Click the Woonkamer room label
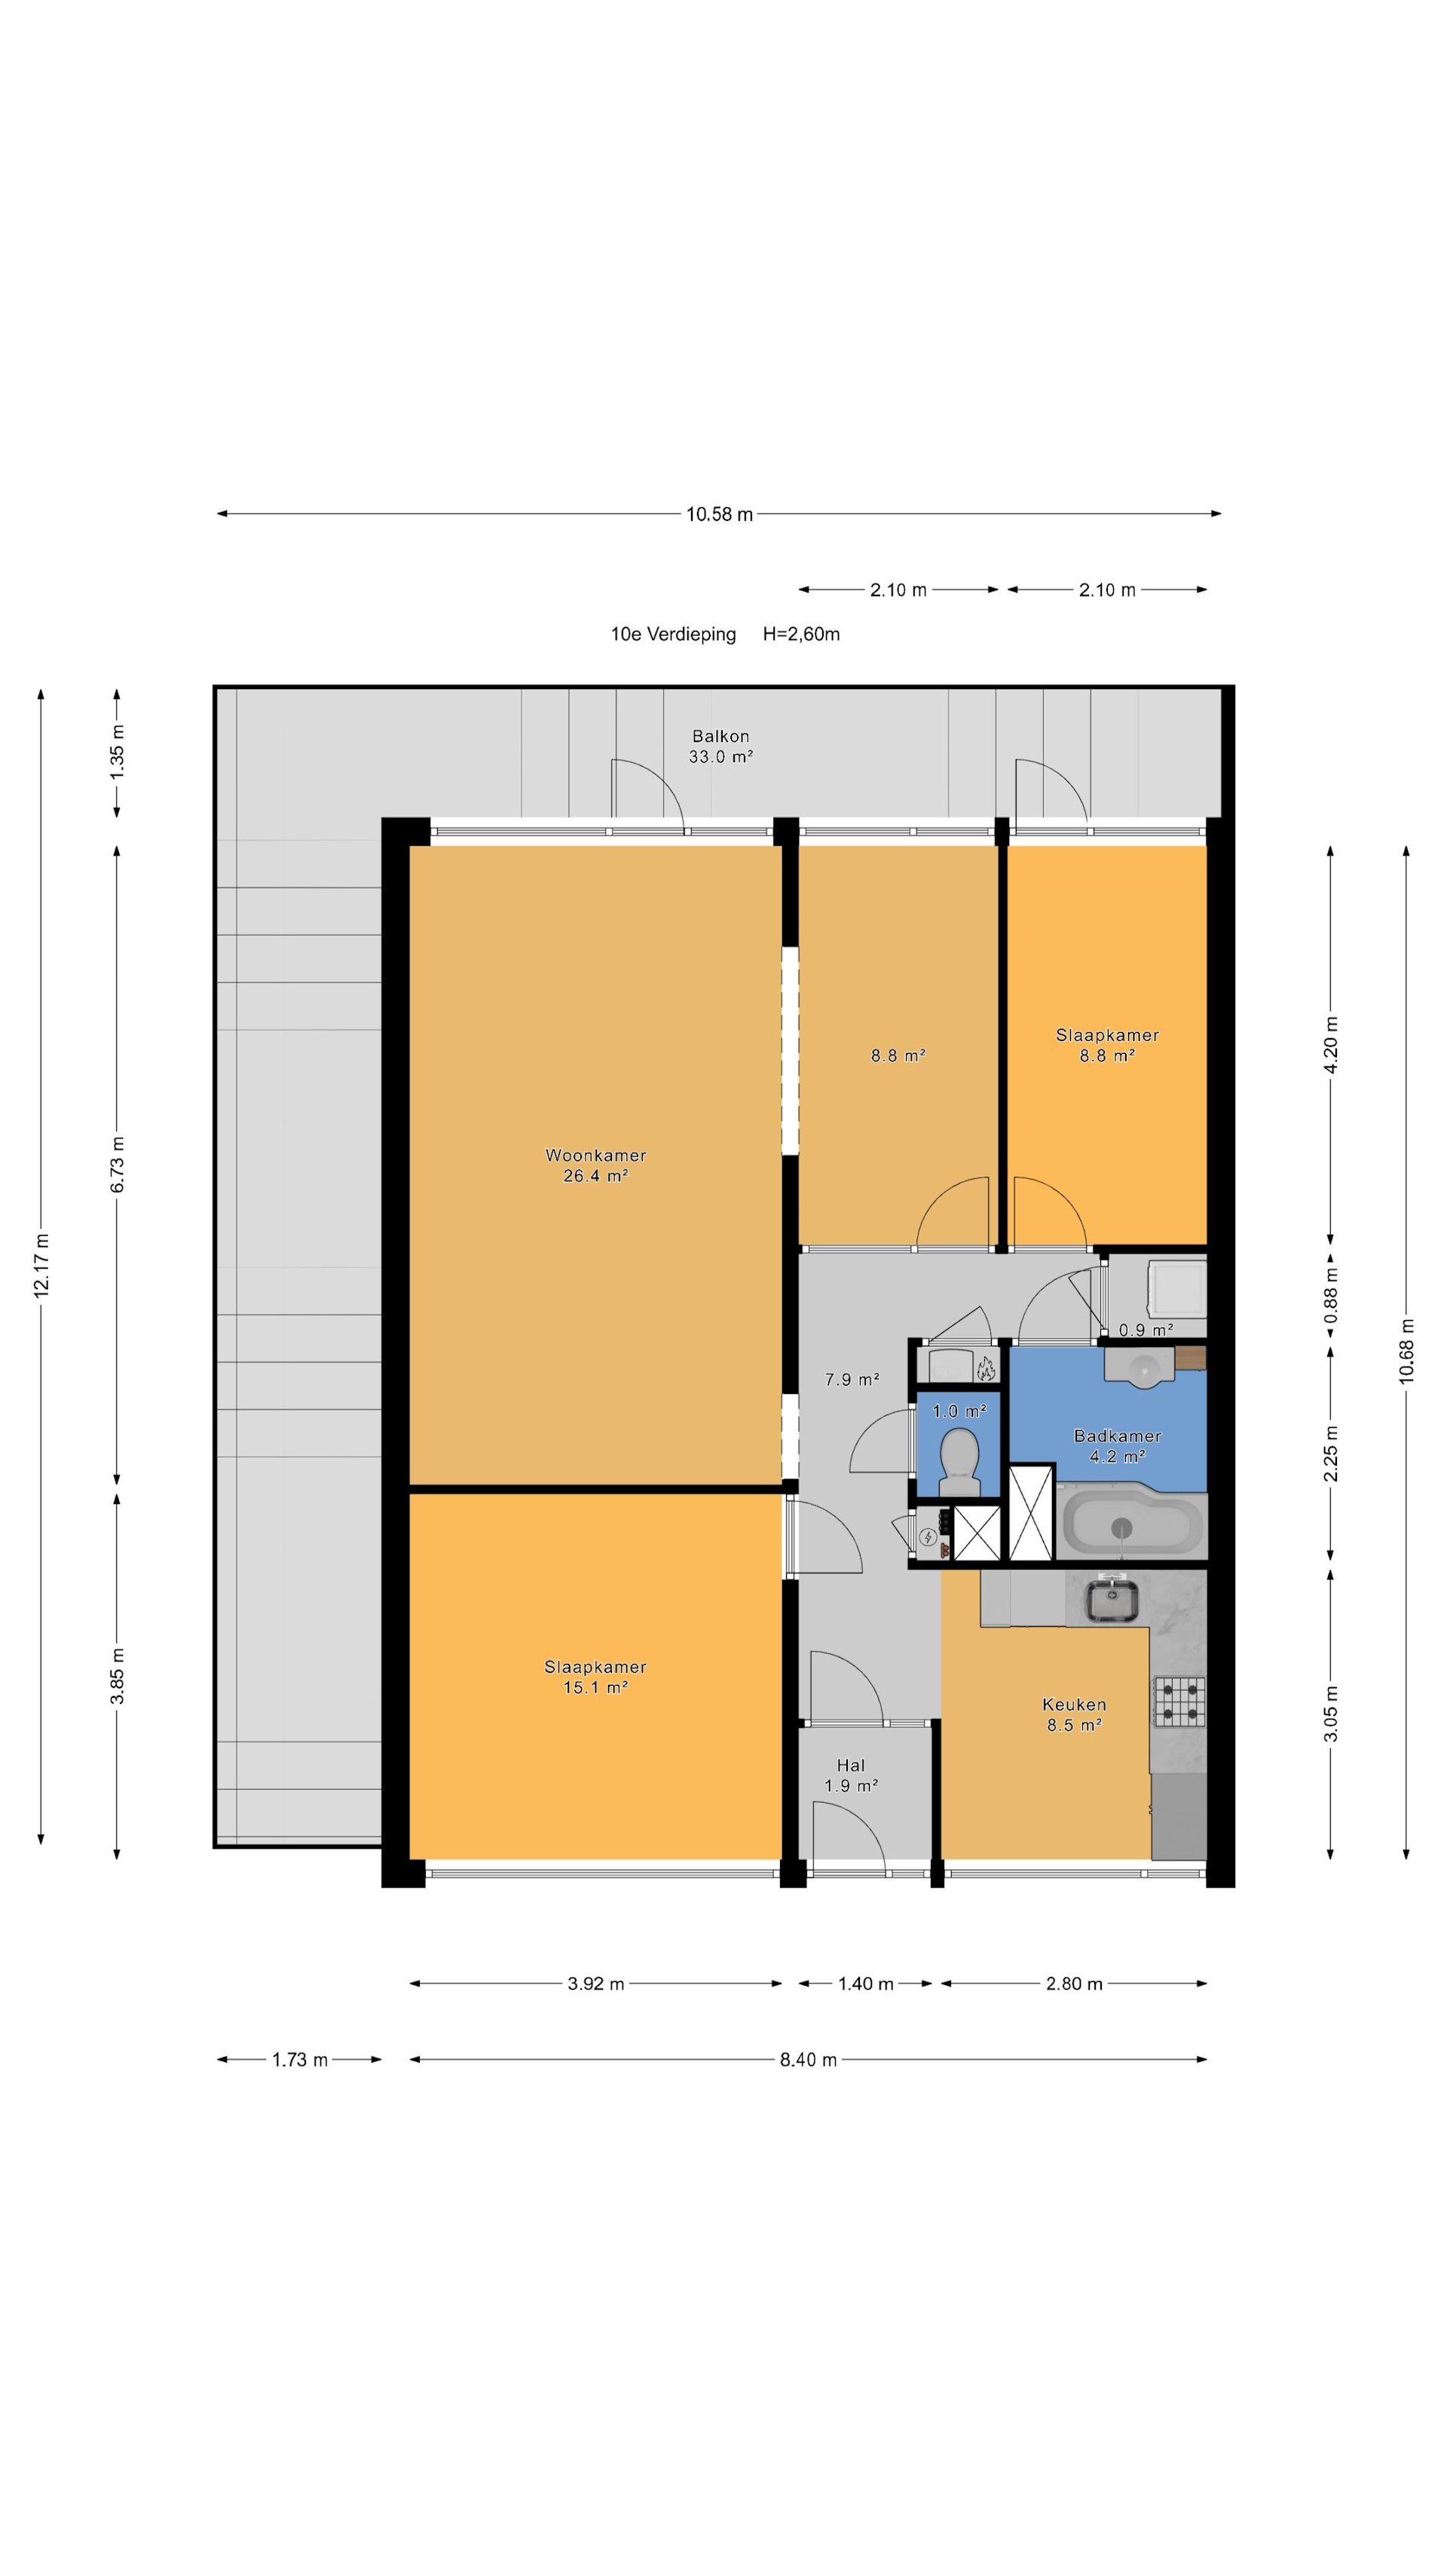pos(595,1156)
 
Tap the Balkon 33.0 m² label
pos(720,746)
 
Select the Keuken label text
pos(1073,1704)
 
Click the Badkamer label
pos(1116,1436)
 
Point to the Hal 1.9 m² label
pos(851,1775)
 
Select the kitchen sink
pos(1112,1598)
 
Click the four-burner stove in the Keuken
pos(1179,1702)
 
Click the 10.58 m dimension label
pos(719,514)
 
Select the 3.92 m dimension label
pos(595,1983)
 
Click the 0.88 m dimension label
pos(1330,1294)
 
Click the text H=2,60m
pos(801,634)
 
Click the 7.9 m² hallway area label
pos(852,1380)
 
